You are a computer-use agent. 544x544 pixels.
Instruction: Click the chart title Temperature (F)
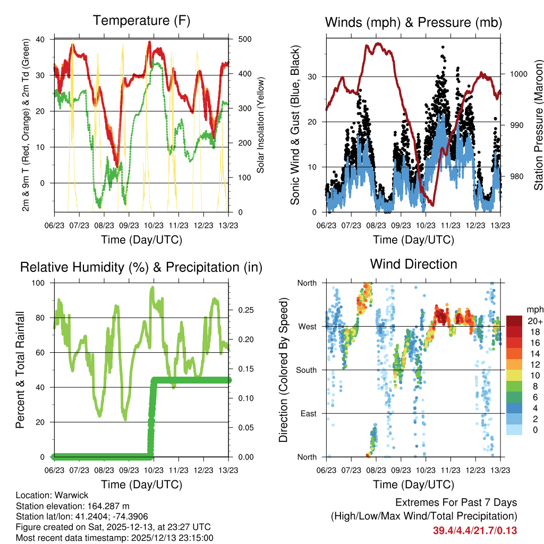click(x=141, y=21)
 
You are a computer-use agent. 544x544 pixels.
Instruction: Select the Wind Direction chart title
click(x=413, y=264)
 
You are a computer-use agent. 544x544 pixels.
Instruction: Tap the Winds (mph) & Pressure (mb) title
click(x=413, y=22)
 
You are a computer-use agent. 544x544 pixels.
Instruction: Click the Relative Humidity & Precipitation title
click(x=141, y=267)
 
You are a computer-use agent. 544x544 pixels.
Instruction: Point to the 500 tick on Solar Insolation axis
click(x=240, y=39)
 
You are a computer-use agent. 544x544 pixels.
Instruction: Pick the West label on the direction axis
click(x=307, y=326)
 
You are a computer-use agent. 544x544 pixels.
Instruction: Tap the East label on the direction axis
click(x=308, y=413)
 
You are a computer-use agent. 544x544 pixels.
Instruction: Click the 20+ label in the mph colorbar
click(x=534, y=321)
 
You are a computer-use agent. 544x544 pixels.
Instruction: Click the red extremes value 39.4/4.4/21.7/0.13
click(x=475, y=530)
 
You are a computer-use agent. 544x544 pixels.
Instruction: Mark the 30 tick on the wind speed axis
click(x=312, y=76)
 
